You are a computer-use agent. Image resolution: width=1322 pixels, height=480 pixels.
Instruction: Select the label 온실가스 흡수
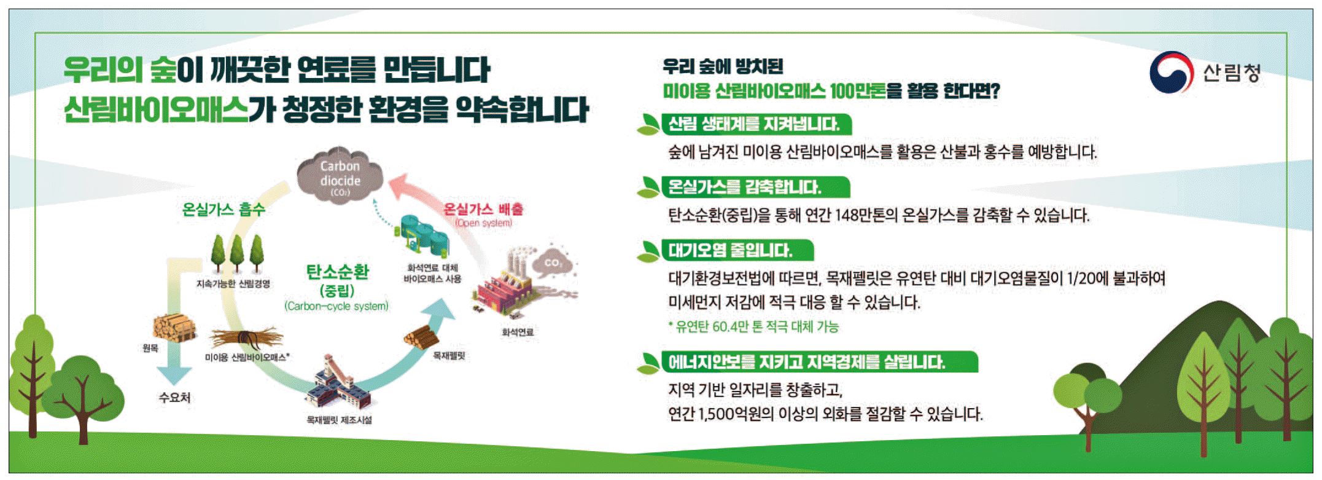click(224, 210)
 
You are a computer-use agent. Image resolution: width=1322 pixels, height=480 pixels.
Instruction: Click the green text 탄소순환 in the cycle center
click(337, 272)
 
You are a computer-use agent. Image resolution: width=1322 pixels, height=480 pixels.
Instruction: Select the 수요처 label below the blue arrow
click(174, 398)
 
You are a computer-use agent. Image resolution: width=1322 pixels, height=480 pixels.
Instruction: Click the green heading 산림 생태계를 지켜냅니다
click(753, 125)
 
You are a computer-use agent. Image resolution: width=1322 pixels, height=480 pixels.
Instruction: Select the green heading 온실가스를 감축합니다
click(745, 187)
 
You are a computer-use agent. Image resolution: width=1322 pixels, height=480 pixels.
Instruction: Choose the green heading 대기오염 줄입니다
click(730, 250)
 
